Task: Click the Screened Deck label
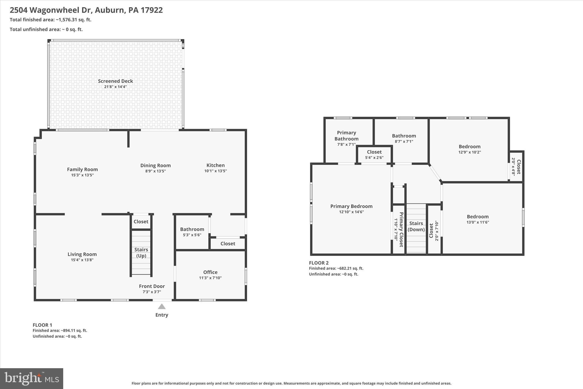[x=115, y=81]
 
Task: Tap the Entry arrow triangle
[x=162, y=307]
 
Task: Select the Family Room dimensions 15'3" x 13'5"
[x=82, y=175]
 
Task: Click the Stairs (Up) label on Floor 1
[x=141, y=252]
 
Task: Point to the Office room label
[x=210, y=272]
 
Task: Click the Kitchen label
[x=215, y=165]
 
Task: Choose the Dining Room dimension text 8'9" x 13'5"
[x=155, y=171]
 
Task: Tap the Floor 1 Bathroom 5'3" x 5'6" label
[x=192, y=232]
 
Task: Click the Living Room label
[x=82, y=254]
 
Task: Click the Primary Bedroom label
[x=351, y=206]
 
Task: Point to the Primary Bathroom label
[x=346, y=136]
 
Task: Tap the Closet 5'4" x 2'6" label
[x=374, y=154]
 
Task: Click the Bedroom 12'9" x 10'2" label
[x=469, y=149]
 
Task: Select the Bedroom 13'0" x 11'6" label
[x=477, y=219]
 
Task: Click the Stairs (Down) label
[x=416, y=226]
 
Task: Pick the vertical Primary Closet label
[x=401, y=229]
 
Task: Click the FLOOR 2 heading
[x=319, y=263]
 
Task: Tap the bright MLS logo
[x=32, y=378]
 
